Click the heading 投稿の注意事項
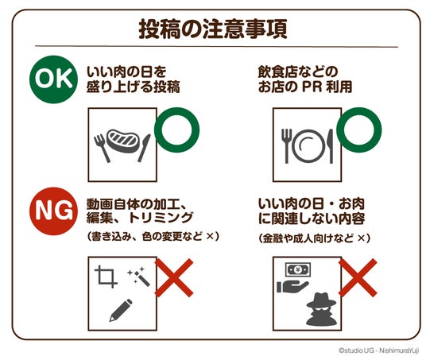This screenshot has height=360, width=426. click(x=213, y=29)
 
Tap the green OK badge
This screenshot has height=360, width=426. click(x=53, y=79)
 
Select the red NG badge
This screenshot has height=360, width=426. click(x=53, y=211)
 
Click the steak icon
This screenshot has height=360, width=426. click(x=123, y=141)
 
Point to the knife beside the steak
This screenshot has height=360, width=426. click(x=145, y=148)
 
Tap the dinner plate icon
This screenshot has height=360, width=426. click(x=308, y=146)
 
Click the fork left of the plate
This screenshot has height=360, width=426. click(x=286, y=146)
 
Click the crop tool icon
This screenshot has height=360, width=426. click(x=106, y=277)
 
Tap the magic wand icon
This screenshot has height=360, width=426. click(x=139, y=277)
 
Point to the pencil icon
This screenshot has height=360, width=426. click(x=121, y=310)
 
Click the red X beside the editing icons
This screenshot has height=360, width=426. click(x=174, y=277)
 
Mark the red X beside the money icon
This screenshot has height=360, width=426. click(x=358, y=277)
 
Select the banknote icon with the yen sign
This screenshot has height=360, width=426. click(x=298, y=269)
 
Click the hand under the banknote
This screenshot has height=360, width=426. click(x=292, y=286)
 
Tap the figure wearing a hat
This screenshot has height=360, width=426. click(x=321, y=309)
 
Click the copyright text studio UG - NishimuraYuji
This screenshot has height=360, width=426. click(x=379, y=350)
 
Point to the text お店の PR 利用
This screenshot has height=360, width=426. click(x=305, y=87)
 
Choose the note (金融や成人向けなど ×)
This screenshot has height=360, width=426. click(x=315, y=238)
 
